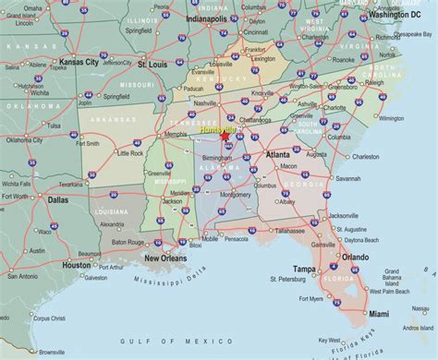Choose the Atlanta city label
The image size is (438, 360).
[x=278, y=154]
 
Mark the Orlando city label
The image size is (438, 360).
[x=355, y=257]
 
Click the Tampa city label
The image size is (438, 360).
[x=305, y=269]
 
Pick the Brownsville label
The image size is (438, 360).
[x=52, y=352]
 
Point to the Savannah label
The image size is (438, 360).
[x=347, y=178]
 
